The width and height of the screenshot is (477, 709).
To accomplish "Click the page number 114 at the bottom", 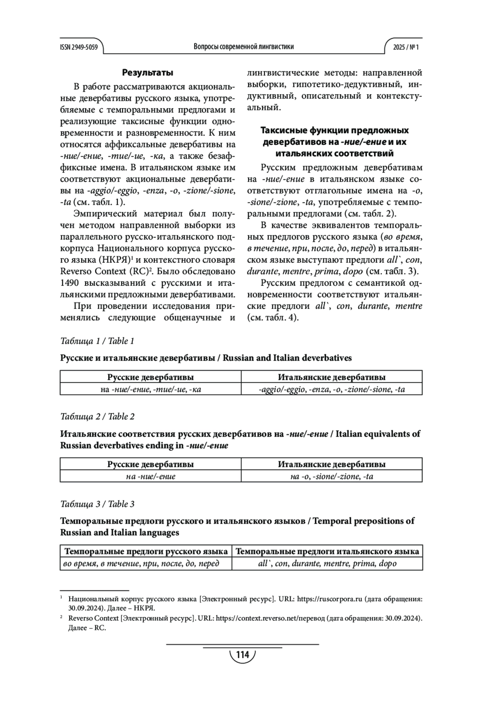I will point(242,654).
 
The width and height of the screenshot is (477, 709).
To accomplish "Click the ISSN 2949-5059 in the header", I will point(79,47).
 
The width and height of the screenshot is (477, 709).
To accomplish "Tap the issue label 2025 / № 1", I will point(406,47).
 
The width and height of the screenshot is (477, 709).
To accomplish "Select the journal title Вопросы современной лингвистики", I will point(244,47).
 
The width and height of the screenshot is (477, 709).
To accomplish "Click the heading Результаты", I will point(147,73).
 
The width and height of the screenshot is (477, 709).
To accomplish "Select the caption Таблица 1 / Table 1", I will point(97,341).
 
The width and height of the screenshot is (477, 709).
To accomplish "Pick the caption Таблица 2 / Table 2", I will point(97,416).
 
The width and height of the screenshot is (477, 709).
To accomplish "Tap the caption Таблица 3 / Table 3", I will point(97,504).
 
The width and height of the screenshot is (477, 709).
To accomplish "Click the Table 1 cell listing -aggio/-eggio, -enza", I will point(332,389).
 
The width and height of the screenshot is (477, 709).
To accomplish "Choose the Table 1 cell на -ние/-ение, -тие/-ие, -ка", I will point(151,389).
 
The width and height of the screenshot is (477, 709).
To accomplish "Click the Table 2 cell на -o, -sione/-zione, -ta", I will point(332,476).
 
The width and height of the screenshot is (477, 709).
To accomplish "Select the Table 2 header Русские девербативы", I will point(151,464).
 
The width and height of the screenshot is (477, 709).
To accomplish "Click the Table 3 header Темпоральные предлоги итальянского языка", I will point(327,551).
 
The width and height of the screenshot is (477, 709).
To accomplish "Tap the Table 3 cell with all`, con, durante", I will point(327,563).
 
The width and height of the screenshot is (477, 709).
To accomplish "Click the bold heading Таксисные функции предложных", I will point(334,130).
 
